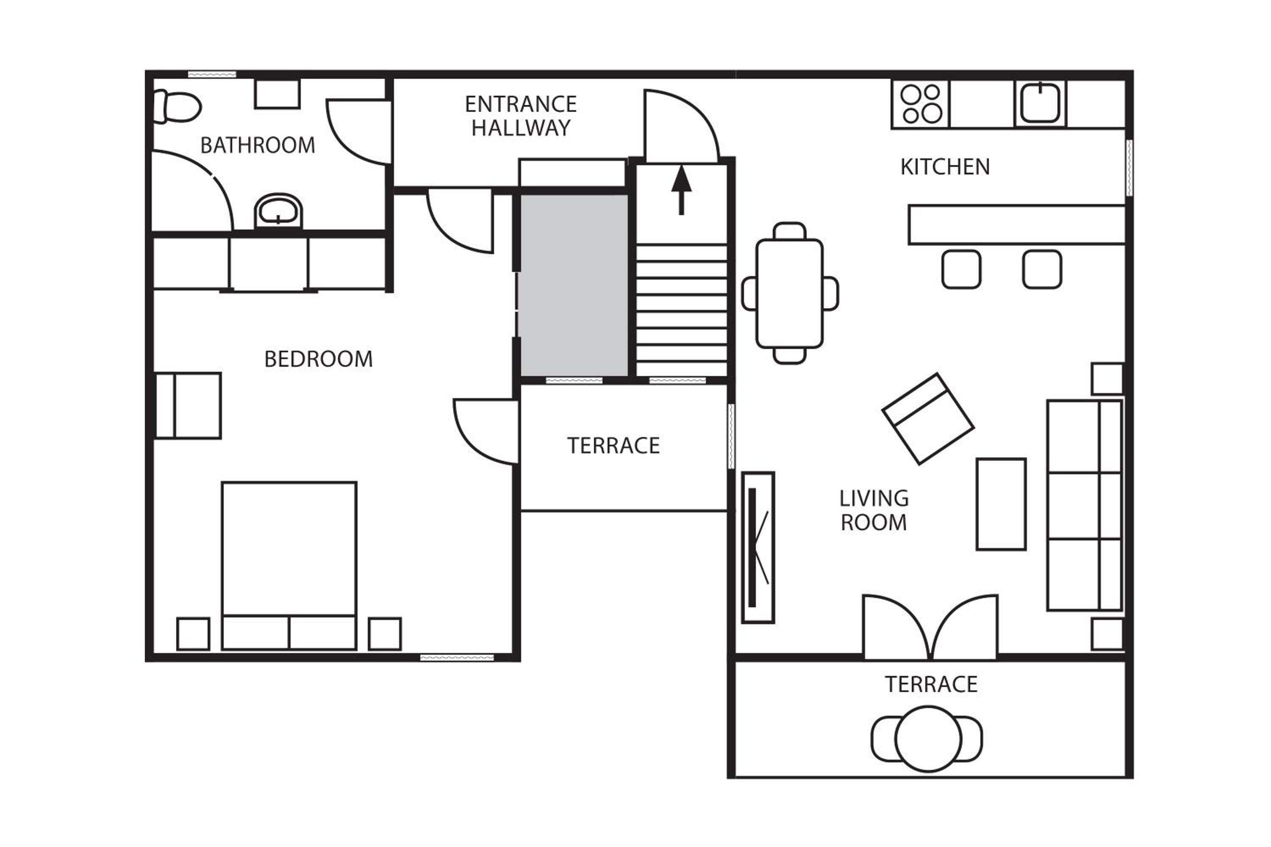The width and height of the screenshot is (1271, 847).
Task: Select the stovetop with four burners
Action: (921, 104)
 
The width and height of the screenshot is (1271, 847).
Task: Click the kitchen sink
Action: (1040, 102)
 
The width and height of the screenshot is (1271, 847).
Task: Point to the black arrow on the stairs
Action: (681, 190)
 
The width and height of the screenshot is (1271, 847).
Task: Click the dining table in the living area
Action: (790, 293)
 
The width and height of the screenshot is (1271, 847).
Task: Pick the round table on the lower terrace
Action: (928, 739)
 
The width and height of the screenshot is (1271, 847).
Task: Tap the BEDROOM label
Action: (318, 359)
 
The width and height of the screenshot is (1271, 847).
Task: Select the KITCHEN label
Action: (945, 167)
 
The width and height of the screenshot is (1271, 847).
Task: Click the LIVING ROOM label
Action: (874, 510)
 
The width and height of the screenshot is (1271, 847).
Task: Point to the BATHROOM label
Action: (258, 145)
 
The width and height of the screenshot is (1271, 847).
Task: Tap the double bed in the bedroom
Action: (289, 565)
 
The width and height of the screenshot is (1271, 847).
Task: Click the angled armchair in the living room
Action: (928, 419)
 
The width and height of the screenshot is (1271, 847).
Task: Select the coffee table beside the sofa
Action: (1001, 504)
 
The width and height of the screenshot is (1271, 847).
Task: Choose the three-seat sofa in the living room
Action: (1085, 505)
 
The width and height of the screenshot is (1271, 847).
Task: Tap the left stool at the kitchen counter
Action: (961, 269)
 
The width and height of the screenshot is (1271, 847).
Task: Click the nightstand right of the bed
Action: (385, 634)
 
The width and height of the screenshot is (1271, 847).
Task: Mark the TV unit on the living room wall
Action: (758, 547)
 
